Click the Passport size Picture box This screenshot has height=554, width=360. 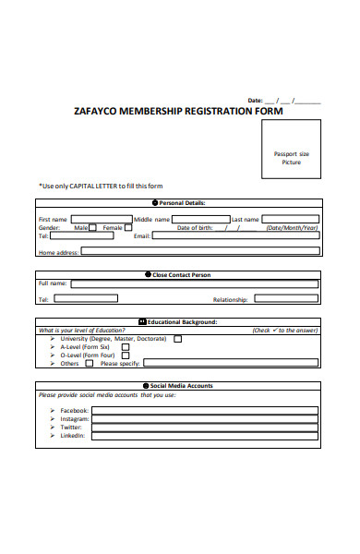click(x=292, y=158)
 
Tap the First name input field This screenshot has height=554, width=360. click(x=101, y=220)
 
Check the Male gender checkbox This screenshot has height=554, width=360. click(x=92, y=228)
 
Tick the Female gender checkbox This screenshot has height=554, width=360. click(x=128, y=228)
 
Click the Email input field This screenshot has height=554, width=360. click(x=236, y=236)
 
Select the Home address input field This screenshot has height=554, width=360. click(x=201, y=250)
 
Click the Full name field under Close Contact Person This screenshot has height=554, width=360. click(x=195, y=284)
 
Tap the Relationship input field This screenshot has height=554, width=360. click(x=287, y=299)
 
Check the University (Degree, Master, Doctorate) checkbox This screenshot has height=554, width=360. click(x=178, y=339)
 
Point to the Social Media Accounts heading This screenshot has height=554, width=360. click(x=182, y=386)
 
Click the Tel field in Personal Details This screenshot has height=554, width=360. click(x=83, y=236)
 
